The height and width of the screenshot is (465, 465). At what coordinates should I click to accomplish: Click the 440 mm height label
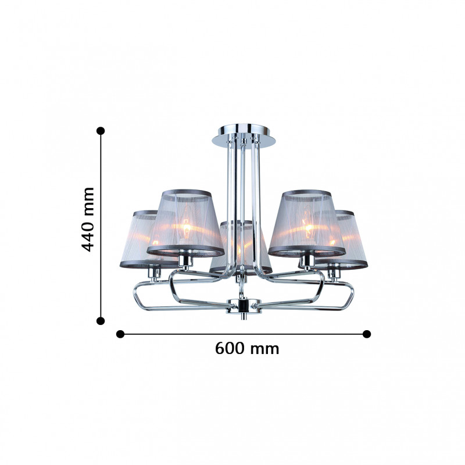click(88, 220)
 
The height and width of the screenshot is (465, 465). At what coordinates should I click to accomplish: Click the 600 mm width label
click(247, 348)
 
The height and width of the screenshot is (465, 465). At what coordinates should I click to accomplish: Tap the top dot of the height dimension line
click(101, 131)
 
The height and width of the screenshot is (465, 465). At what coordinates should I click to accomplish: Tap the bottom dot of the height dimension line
click(101, 321)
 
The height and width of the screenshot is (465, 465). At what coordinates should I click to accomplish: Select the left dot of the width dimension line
click(120, 334)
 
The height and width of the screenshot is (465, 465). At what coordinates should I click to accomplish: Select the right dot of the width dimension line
click(367, 334)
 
